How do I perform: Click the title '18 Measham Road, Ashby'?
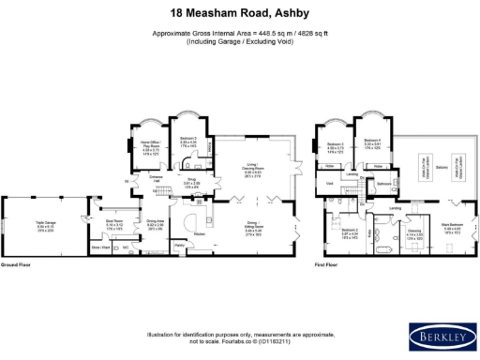coord(240,13)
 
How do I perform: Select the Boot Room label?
coord(113,224)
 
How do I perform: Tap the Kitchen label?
coord(200,233)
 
